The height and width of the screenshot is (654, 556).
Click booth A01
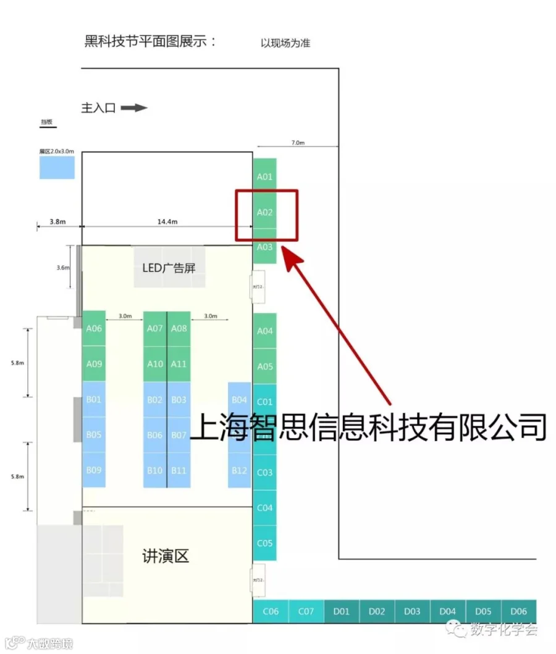point(264,176)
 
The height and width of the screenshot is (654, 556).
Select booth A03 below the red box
point(264,247)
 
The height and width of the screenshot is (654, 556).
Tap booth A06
point(94,329)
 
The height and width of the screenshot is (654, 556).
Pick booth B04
point(239,400)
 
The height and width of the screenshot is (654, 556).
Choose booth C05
point(264,544)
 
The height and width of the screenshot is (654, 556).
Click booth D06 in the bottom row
point(518,611)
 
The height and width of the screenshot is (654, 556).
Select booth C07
point(306,611)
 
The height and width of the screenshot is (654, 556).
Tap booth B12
point(239,470)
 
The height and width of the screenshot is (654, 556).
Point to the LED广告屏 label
point(169,268)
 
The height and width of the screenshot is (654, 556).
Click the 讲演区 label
point(165,557)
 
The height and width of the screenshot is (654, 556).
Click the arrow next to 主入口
point(134,108)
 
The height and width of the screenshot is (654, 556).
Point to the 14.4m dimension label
point(167,221)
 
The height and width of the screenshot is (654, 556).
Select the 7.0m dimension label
point(297,143)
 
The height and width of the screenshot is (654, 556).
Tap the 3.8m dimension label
point(57,221)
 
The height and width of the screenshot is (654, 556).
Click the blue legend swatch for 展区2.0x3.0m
point(57,167)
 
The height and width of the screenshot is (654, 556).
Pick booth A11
point(179,364)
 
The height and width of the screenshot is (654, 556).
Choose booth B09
point(94,470)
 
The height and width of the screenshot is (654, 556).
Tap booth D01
point(341,611)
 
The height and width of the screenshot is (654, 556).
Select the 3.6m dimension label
point(64,267)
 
